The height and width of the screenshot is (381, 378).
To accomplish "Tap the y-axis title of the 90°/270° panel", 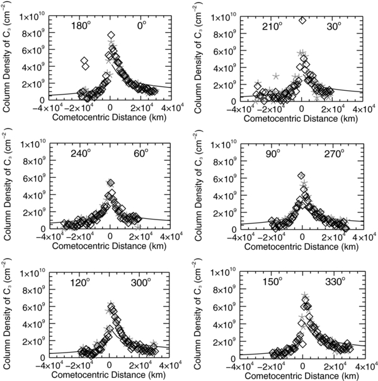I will tap(199, 185).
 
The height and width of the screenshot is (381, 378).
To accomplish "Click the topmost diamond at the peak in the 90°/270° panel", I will tap(301, 175).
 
